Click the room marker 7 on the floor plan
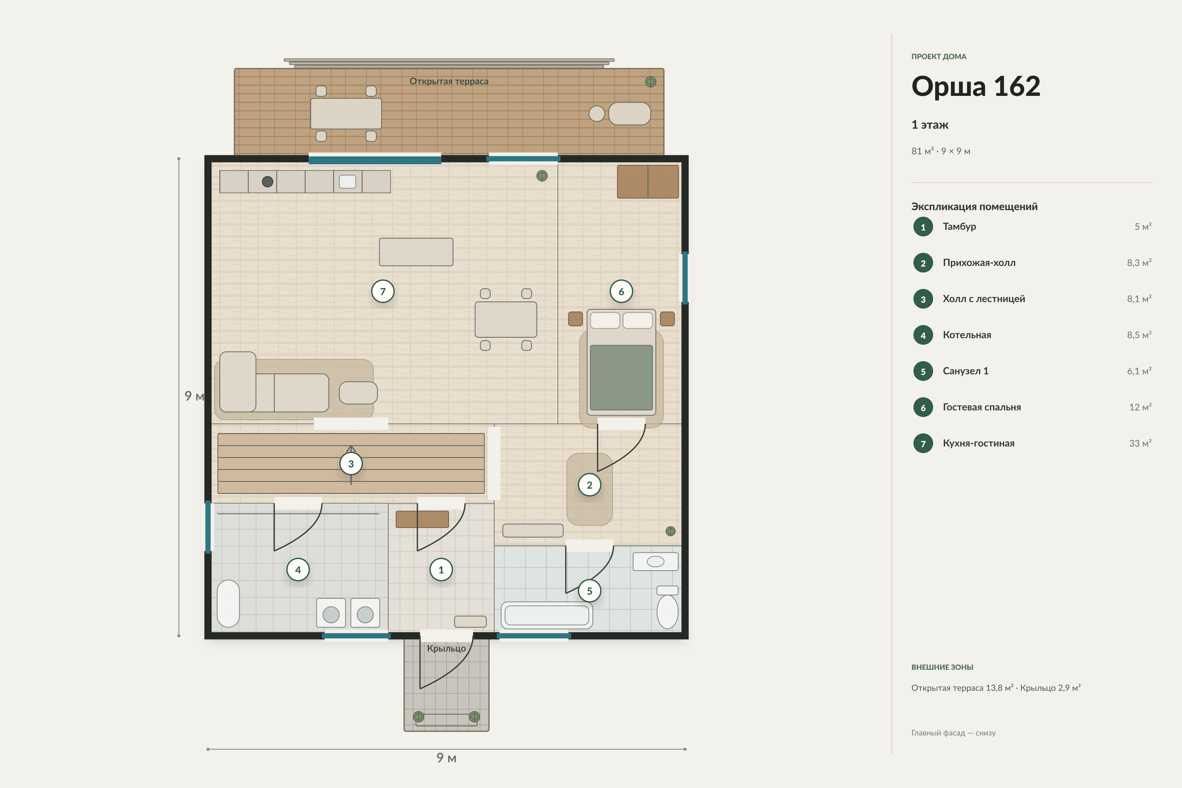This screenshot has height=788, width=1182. pyautogui.click(x=383, y=292)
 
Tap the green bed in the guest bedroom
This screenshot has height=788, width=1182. pyautogui.click(x=621, y=362)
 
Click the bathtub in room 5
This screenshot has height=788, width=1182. pyautogui.click(x=547, y=615)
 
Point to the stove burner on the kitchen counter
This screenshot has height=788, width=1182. pyautogui.click(x=268, y=182)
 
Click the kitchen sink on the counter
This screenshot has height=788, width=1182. pyautogui.click(x=347, y=182)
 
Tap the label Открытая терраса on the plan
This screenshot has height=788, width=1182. pyautogui.click(x=449, y=81)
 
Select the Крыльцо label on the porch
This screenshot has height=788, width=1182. pyautogui.click(x=446, y=648)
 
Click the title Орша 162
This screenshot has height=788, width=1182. pyautogui.click(x=975, y=86)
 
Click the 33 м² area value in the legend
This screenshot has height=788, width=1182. pyautogui.click(x=1140, y=443)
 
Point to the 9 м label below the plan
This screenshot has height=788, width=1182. pyautogui.click(x=446, y=758)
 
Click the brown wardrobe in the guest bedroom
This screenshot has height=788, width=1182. pyautogui.click(x=648, y=182)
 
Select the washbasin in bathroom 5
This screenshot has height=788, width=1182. pyautogui.click(x=655, y=561)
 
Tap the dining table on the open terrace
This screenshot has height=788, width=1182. pyautogui.click(x=346, y=114)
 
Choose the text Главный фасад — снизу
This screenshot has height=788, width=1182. pyautogui.click(x=953, y=733)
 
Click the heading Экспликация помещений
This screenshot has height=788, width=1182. pyautogui.click(x=974, y=207)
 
